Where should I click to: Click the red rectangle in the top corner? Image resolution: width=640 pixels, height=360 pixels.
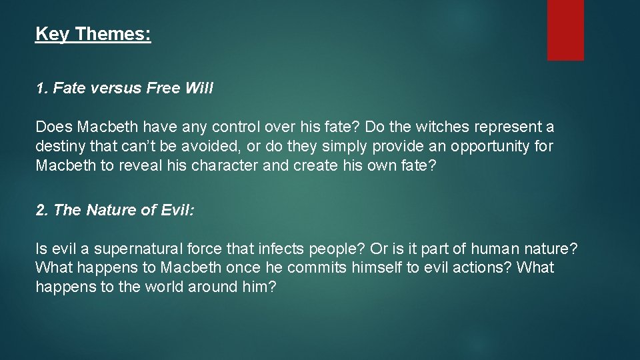565,29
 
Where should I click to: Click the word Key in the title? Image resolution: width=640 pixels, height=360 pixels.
51,34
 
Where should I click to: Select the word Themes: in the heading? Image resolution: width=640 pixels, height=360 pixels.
113,34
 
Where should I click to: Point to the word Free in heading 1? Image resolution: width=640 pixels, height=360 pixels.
159,89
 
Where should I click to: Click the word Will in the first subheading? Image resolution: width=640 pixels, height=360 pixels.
197,89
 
